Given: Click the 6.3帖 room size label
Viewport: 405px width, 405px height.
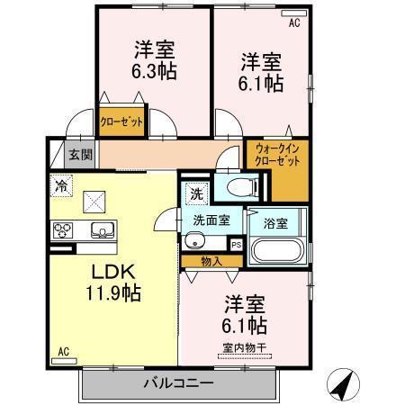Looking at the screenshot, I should click(x=154, y=73).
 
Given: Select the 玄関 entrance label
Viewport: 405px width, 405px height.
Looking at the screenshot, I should click(x=80, y=154).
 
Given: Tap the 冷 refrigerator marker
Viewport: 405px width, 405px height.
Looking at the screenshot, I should click(x=60, y=186).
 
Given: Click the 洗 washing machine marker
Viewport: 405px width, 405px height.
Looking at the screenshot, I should click(x=196, y=192).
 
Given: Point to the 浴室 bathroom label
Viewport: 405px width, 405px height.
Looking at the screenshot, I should click(x=275, y=220).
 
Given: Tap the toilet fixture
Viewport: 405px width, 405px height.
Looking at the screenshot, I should click(x=238, y=187).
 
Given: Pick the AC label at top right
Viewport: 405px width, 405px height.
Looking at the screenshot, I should click(x=293, y=23).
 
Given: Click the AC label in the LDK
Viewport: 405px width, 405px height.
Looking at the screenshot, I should click(x=64, y=351).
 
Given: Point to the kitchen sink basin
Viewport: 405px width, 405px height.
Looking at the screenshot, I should click(x=102, y=231).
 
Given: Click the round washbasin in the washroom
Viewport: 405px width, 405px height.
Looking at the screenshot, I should click(x=194, y=241).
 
